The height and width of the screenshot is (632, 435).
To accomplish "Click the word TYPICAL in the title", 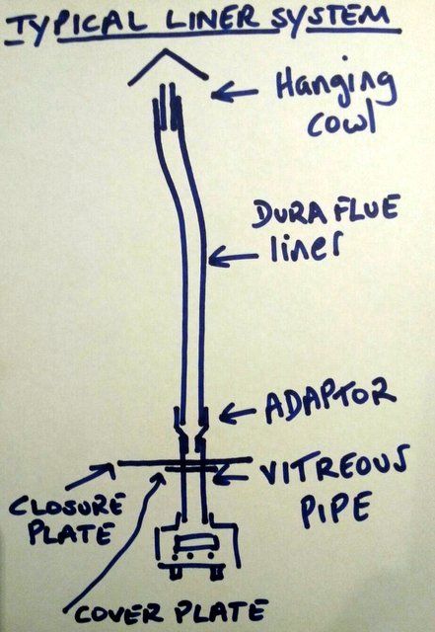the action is coord(77,25).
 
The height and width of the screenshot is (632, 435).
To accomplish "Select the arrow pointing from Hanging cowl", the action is coord(235,95).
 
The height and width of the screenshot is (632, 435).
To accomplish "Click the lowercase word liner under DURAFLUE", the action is coord(306,246).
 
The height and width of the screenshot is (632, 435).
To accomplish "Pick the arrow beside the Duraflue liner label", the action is coord(233,258).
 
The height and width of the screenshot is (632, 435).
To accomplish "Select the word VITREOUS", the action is coord(333,466).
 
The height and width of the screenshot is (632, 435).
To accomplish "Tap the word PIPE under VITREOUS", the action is coord(335,510).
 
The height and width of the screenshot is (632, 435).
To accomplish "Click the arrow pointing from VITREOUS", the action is coord(231,479).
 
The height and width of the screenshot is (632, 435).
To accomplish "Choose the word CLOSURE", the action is coord(66,505).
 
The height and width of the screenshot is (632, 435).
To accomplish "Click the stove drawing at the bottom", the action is coord(197,546).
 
